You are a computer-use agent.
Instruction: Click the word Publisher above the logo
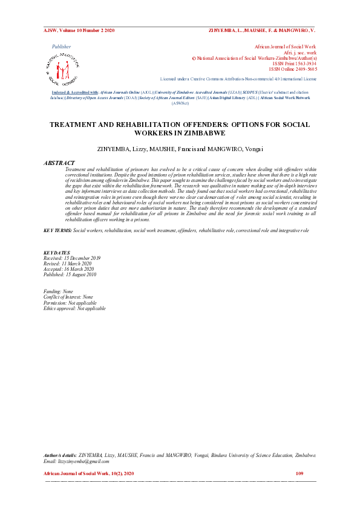(62, 47)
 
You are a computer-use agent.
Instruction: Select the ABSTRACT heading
(59, 163)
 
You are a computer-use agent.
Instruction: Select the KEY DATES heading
(57, 253)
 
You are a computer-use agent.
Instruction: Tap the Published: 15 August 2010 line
(70, 274)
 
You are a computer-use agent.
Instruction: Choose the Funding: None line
(59, 291)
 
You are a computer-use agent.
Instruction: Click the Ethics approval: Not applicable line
(74, 308)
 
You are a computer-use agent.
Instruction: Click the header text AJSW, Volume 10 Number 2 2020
(79, 30)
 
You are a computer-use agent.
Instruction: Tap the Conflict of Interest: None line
(68, 297)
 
